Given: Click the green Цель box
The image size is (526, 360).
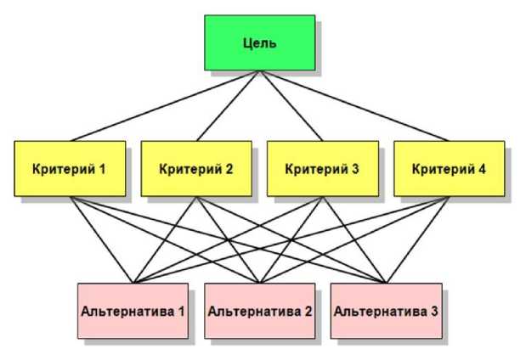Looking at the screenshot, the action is [x=259, y=42].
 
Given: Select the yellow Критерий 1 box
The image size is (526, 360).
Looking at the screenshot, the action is [x=70, y=168].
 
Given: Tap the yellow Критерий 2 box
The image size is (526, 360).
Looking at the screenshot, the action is [x=196, y=168].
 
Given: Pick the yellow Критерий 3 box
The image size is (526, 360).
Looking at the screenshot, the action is [x=322, y=168].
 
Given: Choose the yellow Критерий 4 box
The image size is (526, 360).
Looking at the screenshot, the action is [x=449, y=168].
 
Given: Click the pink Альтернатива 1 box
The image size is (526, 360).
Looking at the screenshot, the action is [x=133, y=311].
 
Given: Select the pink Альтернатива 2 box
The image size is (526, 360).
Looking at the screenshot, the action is [x=259, y=311].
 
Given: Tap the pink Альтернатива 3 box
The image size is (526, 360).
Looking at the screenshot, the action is [x=386, y=311].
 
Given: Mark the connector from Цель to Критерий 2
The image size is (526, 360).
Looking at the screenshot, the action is [x=228, y=106].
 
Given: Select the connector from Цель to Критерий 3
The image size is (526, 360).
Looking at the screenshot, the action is [x=291, y=106].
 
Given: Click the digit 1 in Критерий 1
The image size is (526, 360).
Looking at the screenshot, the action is [x=102, y=168].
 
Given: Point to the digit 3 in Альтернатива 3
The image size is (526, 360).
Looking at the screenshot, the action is [x=434, y=311].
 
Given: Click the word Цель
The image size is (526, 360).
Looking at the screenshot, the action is [x=259, y=42].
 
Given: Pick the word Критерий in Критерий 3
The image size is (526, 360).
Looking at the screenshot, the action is [x=315, y=168].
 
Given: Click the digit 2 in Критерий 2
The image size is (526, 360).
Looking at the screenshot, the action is [x=229, y=168].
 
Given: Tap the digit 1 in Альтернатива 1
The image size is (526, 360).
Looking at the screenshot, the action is [x=182, y=311].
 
